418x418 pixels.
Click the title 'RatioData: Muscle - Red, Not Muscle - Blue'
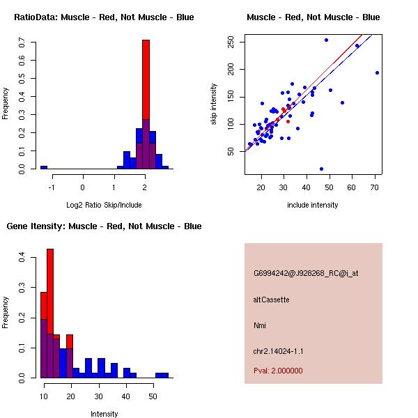tap(104, 17)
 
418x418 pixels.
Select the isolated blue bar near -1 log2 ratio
tap(43, 167)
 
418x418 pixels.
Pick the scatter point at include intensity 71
tap(377, 72)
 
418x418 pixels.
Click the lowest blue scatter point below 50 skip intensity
tap(321, 169)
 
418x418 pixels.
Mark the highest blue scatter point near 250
tap(326, 40)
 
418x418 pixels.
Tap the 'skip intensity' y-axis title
tap(215, 104)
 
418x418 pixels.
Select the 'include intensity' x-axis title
tap(312, 205)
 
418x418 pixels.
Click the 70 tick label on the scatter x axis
tap(375, 187)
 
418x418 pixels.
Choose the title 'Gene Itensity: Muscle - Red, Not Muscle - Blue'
tap(104, 226)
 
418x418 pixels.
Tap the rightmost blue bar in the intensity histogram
tap(162, 375)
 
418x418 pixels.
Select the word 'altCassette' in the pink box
tap(271, 300)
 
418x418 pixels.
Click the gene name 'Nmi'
tap(260, 325)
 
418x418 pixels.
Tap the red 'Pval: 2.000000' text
tap(278, 371)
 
